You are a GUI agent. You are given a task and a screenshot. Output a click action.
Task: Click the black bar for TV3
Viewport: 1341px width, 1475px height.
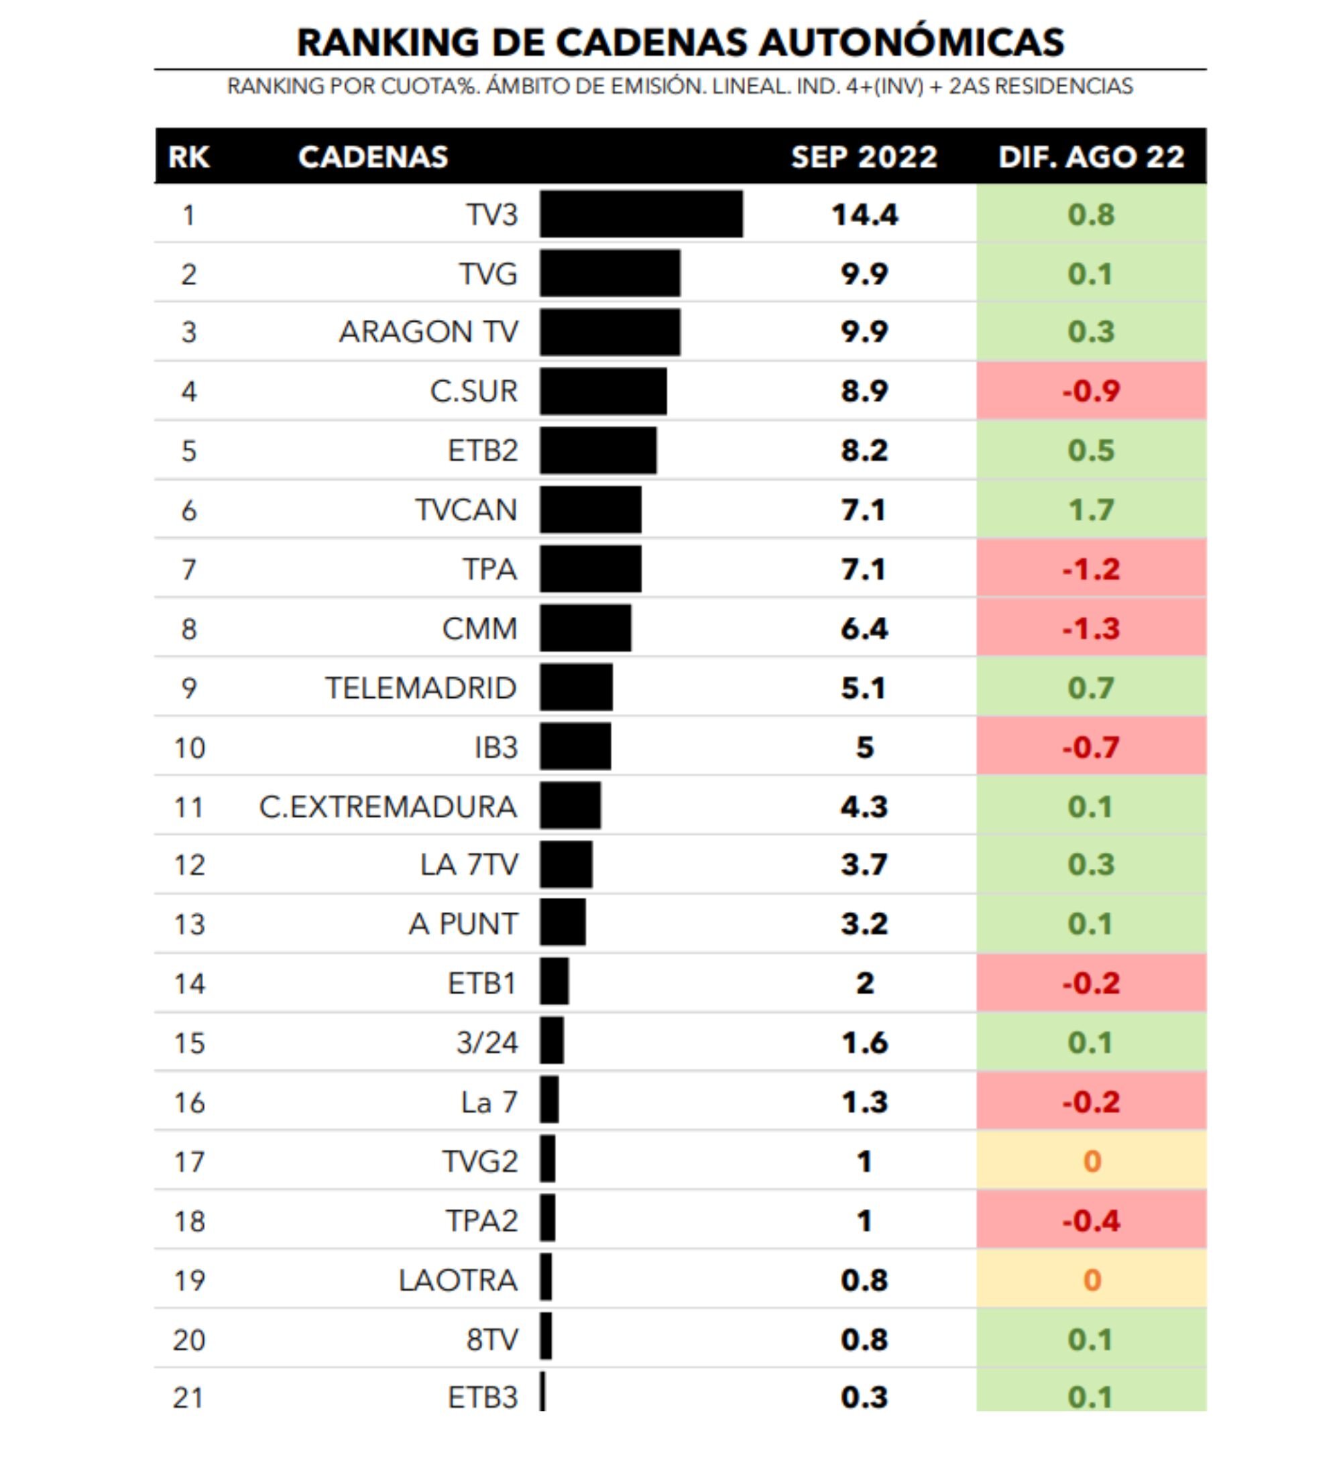(641, 215)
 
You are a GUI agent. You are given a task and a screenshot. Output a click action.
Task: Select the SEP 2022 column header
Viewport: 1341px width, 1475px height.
(864, 157)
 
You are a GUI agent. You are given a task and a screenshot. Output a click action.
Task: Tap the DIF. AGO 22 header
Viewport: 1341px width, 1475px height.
(1091, 157)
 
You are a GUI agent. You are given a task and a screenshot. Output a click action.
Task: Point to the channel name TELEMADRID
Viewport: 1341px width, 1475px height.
(420, 688)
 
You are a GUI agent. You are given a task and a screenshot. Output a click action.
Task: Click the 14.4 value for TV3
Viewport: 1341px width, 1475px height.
(864, 215)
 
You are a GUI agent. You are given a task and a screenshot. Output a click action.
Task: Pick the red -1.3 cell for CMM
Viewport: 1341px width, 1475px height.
(1091, 628)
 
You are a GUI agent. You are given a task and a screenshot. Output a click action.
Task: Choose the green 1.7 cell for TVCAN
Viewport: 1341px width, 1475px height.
(1091, 510)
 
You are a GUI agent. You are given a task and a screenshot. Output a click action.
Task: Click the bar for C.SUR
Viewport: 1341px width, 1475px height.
(603, 392)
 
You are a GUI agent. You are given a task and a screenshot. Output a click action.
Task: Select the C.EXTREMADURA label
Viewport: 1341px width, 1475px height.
(388, 807)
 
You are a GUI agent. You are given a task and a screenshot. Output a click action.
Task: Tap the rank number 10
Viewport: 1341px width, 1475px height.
(189, 748)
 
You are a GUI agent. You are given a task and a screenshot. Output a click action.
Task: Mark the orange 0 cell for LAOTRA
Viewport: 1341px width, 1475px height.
(1091, 1280)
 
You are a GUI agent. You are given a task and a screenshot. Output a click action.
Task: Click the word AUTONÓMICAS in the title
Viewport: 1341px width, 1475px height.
(911, 42)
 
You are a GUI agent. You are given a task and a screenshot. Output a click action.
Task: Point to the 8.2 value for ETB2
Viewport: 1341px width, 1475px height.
(864, 450)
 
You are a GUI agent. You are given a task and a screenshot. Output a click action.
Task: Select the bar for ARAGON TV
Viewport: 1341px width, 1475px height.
(609, 332)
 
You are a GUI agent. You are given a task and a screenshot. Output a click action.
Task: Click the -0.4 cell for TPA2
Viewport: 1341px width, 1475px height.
(1091, 1220)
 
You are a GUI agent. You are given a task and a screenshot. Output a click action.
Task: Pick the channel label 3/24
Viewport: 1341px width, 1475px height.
(487, 1043)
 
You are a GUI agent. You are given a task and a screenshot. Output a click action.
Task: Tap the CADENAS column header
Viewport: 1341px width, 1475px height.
(372, 157)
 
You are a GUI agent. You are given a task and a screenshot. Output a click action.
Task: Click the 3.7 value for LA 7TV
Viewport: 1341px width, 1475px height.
(864, 865)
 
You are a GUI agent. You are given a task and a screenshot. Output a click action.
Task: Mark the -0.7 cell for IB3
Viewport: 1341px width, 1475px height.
(1091, 748)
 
